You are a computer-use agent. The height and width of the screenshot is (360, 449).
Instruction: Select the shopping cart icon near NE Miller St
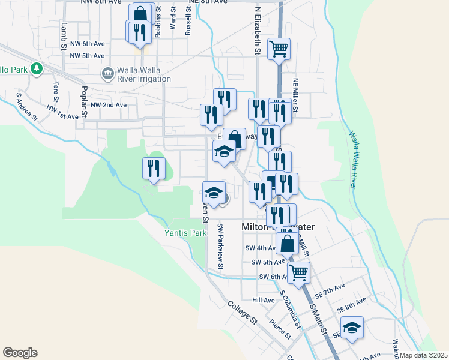click(x=279, y=49)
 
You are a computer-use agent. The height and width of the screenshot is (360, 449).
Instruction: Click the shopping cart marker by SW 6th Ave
click(x=298, y=272)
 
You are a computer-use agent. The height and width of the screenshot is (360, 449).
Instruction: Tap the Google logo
click(x=20, y=353)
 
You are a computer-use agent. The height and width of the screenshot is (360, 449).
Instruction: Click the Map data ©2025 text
click(x=423, y=355)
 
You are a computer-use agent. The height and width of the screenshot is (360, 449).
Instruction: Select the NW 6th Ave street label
click(x=88, y=44)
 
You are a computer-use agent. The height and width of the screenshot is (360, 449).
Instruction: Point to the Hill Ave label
click(x=263, y=299)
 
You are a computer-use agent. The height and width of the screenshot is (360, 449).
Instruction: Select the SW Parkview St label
click(x=220, y=247)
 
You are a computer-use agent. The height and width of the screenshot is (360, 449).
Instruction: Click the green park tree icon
click(x=37, y=69)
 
